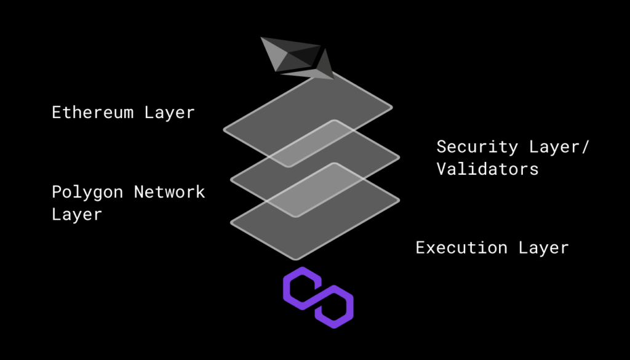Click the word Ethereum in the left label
[x=92, y=113]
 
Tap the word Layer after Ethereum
[x=170, y=113]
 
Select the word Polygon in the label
[x=87, y=193]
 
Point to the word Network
[x=170, y=191]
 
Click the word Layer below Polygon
[x=77, y=215]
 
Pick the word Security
[x=477, y=148]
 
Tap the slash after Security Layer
[x=584, y=147]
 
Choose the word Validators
[x=487, y=169]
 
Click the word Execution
[x=461, y=247]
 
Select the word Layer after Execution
[x=544, y=248]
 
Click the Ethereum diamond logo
[x=298, y=58]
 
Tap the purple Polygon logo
[x=318, y=297]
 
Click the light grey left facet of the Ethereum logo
[x=274, y=53]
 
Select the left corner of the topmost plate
[x=224, y=129]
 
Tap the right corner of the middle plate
[x=399, y=158]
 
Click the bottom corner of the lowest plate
[x=296, y=259]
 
